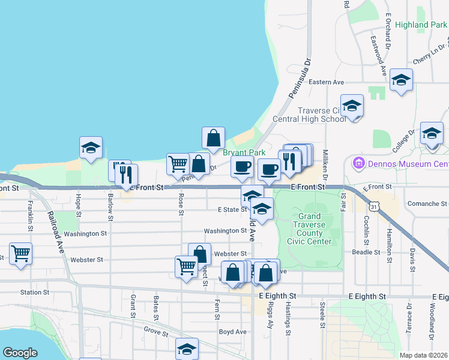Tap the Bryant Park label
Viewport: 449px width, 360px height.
[244, 152]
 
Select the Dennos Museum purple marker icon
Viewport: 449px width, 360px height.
[359, 163]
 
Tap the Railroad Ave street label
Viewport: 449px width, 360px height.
[56, 234]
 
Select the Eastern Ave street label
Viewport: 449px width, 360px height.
[326, 82]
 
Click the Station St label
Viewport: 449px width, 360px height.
[34, 293]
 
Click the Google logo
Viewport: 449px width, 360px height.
[20, 353]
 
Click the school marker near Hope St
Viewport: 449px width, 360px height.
[91, 148]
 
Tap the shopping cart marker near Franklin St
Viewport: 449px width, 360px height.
[20, 253]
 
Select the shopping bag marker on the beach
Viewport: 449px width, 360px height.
[213, 138]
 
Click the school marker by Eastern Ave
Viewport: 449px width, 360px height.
[401, 80]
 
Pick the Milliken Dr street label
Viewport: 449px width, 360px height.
[325, 164]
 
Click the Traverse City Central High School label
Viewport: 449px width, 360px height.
[322, 114]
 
